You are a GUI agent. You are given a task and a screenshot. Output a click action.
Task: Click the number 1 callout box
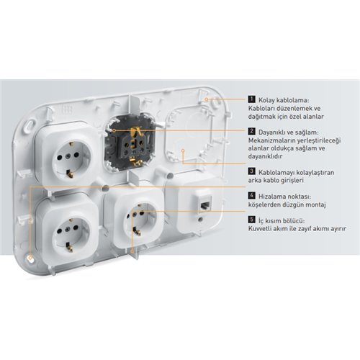point(251,99)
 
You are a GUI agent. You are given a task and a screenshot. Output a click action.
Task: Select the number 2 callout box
point(251,131)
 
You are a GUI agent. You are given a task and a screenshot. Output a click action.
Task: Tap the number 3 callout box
point(251,171)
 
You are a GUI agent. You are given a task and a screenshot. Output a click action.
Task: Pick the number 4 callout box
point(251,195)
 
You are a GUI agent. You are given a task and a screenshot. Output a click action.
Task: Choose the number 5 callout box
point(251,220)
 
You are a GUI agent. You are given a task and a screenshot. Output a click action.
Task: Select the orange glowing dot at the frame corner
point(30,258)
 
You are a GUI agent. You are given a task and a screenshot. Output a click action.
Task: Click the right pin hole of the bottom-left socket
point(76,228)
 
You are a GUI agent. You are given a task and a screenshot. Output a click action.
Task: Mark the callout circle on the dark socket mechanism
point(114,130)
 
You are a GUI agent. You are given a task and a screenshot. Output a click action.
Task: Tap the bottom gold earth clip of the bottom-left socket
point(69,247)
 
